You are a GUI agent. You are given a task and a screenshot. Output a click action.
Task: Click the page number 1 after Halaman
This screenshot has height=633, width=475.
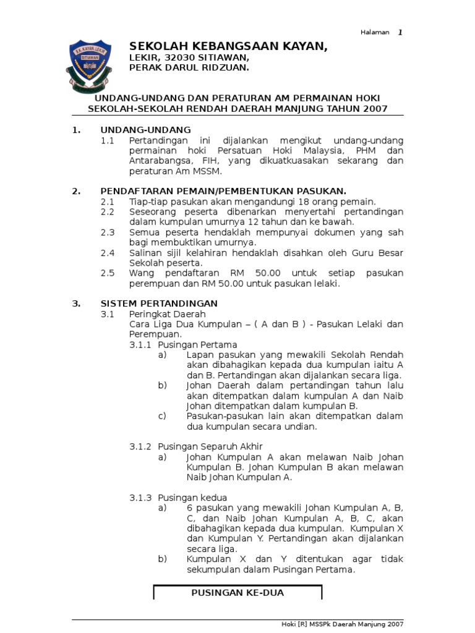[400, 32]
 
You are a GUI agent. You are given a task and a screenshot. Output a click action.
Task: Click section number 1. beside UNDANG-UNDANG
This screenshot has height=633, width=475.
[76, 130]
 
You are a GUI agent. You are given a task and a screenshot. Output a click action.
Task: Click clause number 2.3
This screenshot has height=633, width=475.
[108, 232]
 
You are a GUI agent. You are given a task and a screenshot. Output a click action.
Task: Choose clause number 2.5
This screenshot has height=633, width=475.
[108, 273]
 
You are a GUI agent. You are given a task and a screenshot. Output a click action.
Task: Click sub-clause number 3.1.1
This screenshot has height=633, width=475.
[140, 344]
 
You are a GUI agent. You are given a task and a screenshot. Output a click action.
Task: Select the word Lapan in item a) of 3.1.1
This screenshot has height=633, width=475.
[199, 354]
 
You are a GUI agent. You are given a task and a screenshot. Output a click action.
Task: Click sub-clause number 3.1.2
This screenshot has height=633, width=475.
[140, 446]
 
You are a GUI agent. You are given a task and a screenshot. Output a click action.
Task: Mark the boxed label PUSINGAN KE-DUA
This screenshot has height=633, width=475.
[237, 592]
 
